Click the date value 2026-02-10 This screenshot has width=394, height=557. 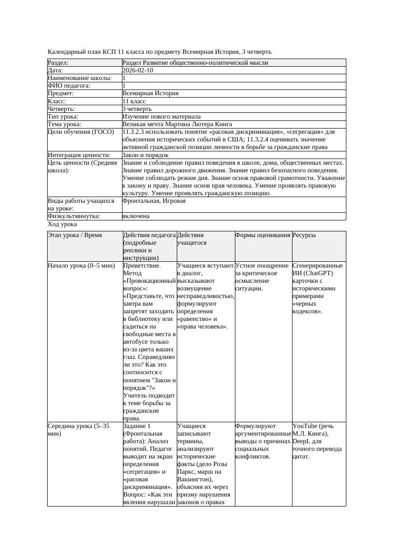point(138,70)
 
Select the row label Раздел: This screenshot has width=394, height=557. point(58,63)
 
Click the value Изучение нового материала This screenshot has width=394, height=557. point(162,117)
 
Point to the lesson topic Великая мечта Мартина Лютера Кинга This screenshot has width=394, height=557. point(177,124)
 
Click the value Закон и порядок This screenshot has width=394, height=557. point(145,155)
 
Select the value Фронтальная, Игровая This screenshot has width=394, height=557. point(154,201)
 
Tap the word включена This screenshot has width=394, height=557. point(136,216)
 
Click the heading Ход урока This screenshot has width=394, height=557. point(62,224)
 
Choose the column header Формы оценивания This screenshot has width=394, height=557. point(263,235)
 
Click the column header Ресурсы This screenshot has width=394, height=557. point(304,235)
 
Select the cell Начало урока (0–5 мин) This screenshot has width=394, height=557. point(78,266)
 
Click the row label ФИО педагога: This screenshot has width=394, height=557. point(69,86)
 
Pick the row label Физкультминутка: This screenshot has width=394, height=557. point(74,216)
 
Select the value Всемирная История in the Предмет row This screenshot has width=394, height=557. point(150,94)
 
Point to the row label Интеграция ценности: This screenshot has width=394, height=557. point(79,155)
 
